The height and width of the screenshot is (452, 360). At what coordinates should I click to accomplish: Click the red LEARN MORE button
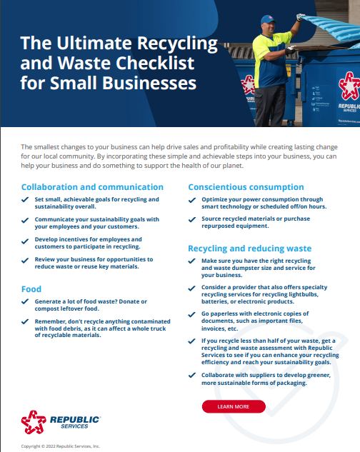click(234, 406)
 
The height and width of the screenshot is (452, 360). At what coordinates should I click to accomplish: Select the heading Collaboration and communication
click(92, 186)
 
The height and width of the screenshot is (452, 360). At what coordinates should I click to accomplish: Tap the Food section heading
click(31, 289)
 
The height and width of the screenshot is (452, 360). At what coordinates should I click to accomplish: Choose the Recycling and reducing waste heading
click(250, 248)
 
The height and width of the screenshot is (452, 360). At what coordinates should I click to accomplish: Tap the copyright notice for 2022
click(61, 446)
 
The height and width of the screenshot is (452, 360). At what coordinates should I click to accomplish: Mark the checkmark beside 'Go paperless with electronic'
click(192, 313)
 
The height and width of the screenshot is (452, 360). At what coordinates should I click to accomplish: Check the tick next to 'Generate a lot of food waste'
click(25, 301)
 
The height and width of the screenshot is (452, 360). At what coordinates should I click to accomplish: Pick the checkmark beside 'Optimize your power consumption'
click(192, 200)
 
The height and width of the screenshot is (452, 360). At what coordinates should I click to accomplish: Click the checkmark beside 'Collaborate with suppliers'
click(192, 376)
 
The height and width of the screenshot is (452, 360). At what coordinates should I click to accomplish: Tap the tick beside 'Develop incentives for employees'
click(25, 240)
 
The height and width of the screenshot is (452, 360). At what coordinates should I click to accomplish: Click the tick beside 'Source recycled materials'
click(192, 220)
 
